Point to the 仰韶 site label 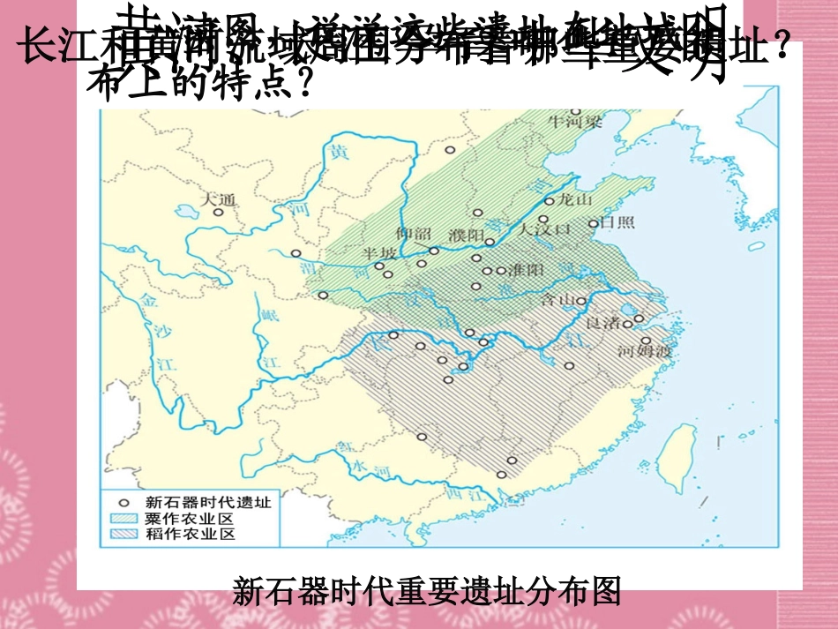(415, 234)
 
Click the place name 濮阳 (466, 235)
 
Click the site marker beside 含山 (581, 301)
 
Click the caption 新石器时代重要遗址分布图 (427, 590)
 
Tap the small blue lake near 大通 (186, 213)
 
